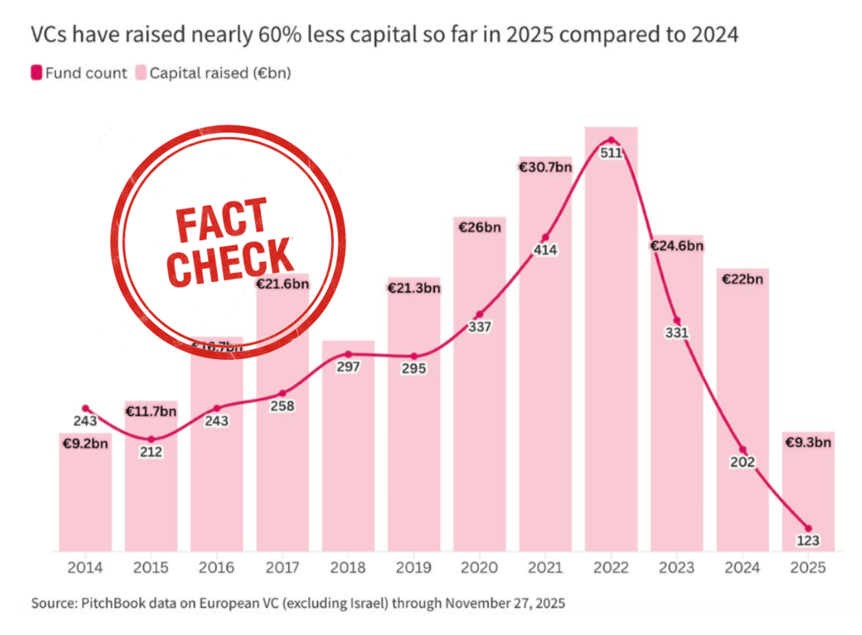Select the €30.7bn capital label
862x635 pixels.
545,167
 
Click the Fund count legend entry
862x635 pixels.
79,74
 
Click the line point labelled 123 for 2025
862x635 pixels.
808,527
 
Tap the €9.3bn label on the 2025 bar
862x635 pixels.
808,442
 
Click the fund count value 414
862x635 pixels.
545,250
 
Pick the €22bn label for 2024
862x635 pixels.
742,279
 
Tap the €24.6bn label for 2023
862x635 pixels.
677,246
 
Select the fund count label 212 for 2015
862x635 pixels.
151,452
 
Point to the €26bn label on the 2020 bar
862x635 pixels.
479,228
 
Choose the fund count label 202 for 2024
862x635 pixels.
742,462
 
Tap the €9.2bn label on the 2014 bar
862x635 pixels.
85,444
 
